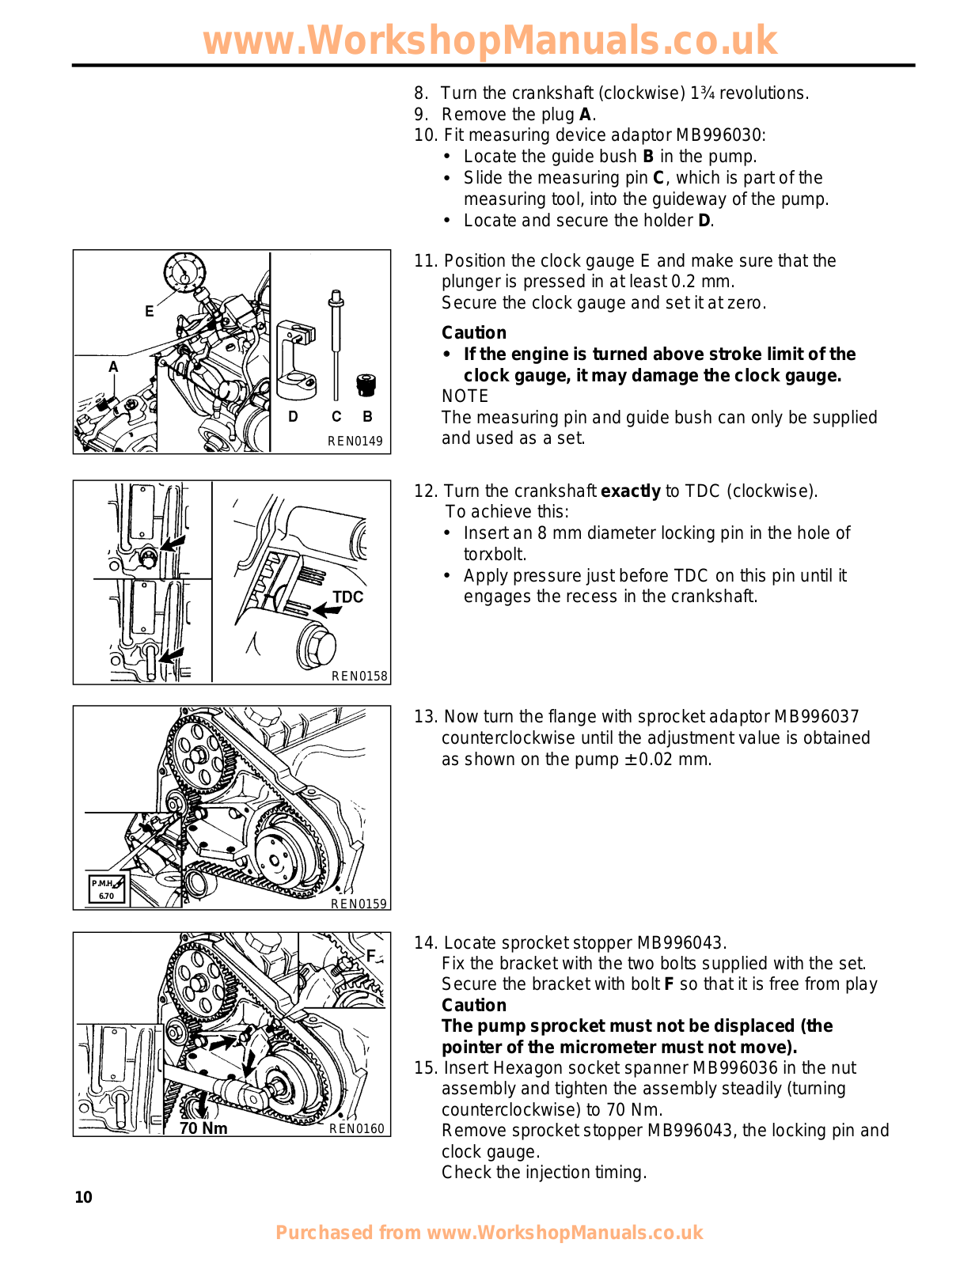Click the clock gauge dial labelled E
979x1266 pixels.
tap(184, 272)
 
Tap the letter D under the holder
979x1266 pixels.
tap(293, 416)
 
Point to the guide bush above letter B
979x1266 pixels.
tap(366, 385)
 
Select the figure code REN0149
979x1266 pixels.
tap(355, 442)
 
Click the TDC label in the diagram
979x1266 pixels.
tap(347, 597)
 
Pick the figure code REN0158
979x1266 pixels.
tap(359, 676)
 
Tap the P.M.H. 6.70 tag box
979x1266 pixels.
tap(106, 889)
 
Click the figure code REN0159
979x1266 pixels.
tap(359, 903)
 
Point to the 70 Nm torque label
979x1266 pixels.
tap(203, 1128)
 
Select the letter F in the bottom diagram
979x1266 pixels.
tap(370, 956)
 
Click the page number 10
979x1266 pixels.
tap(83, 1197)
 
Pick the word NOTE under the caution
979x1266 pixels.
tap(465, 396)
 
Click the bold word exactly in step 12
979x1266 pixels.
tap(630, 491)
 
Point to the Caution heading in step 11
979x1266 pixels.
tap(473, 333)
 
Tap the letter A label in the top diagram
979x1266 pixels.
tap(113, 367)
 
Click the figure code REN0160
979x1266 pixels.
tap(357, 1129)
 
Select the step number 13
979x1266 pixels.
tap(426, 717)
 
